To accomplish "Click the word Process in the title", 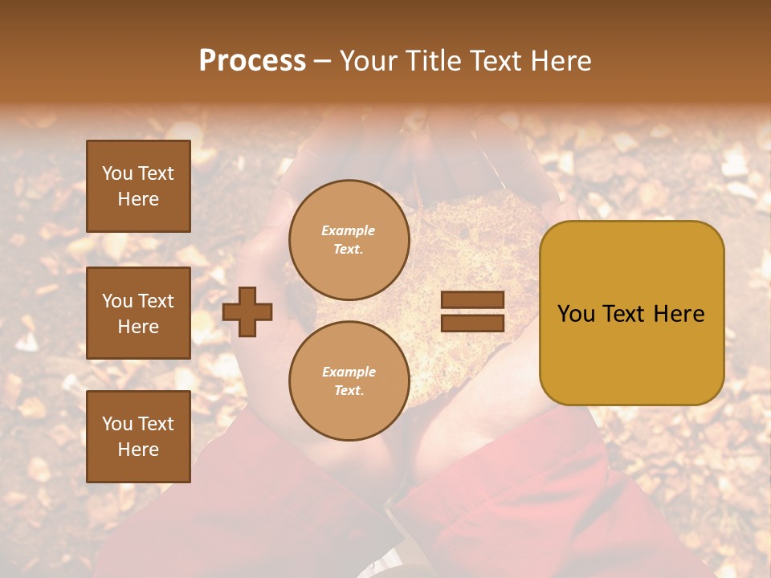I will [252, 61].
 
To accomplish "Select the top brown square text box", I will [138, 186].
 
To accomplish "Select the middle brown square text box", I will [138, 313].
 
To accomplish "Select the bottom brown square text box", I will [138, 437].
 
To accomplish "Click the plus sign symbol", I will [247, 311].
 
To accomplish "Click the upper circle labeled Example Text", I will [349, 240].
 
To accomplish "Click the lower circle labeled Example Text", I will [349, 381].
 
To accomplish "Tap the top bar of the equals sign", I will [473, 299].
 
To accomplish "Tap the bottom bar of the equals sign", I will [473, 323].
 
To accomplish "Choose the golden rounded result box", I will [632, 313].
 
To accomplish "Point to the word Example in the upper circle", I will [349, 231].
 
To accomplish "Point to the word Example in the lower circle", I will [349, 372].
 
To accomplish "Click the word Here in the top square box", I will [138, 200].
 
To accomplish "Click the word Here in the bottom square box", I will [138, 450].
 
